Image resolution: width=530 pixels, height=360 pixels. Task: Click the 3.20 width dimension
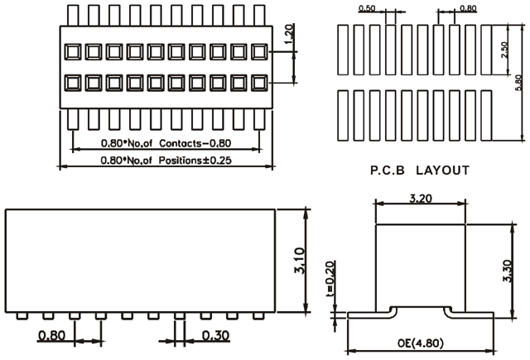pyautogui.click(x=419, y=199)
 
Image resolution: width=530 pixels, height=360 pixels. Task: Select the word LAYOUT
pyautogui.click(x=442, y=170)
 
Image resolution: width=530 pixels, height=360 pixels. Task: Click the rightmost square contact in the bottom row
pyautogui.click(x=258, y=83)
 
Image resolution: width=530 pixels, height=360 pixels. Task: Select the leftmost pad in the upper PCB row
pyautogui.click(x=343, y=49)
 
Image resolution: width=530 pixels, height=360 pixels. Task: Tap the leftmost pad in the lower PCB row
pyautogui.click(x=343, y=113)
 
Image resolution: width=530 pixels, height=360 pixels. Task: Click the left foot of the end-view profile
pyautogui.click(x=364, y=313)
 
